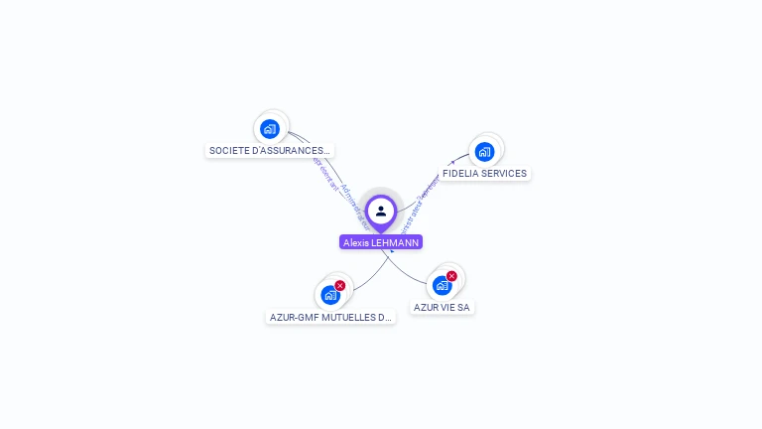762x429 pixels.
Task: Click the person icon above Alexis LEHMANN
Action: (381, 211)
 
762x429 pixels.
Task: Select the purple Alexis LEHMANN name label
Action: (381, 242)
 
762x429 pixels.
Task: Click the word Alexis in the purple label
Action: (356, 242)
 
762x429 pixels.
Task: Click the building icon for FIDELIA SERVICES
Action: (484, 152)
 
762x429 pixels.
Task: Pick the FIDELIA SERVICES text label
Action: (484, 174)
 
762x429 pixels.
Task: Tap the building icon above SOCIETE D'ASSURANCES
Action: (270, 129)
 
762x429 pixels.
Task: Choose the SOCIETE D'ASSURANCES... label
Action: (270, 151)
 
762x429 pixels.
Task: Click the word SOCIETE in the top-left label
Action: (229, 151)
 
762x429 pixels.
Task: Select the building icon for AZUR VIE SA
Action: (443, 286)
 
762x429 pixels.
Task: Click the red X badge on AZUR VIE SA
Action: (452, 276)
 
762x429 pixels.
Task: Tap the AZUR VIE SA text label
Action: (442, 308)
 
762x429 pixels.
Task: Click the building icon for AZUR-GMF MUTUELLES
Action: (329, 295)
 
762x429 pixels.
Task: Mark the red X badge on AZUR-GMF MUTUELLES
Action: (340, 285)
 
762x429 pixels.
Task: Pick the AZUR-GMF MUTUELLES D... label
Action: (330, 318)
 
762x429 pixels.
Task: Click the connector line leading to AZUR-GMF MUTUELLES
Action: (372, 277)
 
